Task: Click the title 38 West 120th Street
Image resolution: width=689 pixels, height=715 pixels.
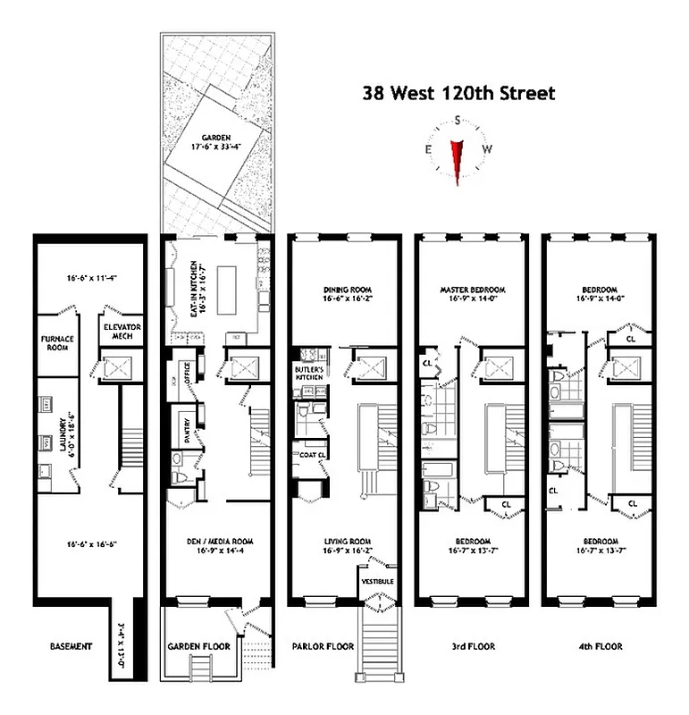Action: (x=458, y=93)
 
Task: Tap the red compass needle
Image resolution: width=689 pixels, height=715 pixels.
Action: (x=458, y=161)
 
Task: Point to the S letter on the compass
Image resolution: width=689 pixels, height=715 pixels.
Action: (x=458, y=121)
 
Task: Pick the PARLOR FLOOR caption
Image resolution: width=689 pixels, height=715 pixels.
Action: (x=323, y=645)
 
